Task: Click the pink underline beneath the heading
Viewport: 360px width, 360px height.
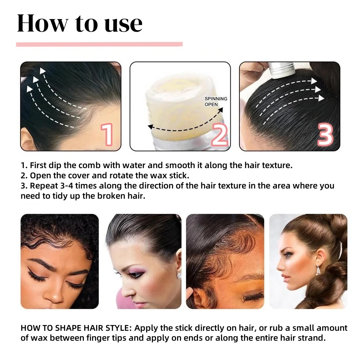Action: point(99,44)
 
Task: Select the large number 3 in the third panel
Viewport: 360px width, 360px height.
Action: point(325,135)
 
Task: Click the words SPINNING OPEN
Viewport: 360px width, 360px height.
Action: point(216,102)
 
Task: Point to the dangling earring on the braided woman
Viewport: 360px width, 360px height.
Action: point(318,270)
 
